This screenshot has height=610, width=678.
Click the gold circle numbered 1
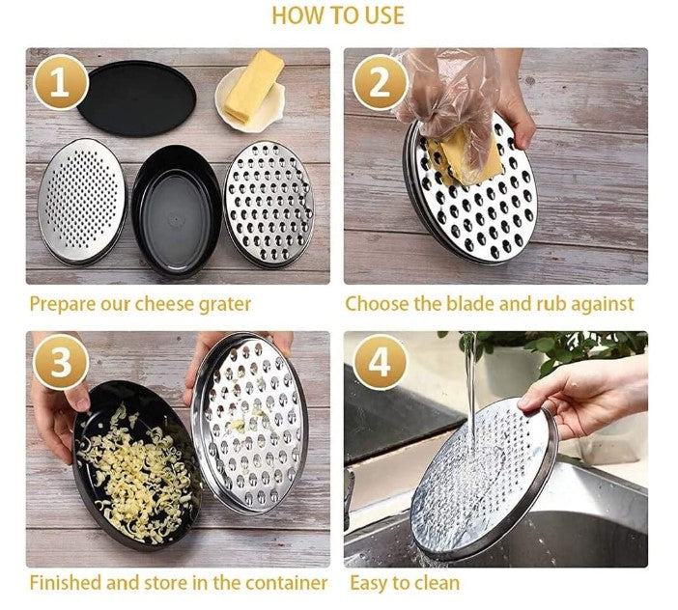point(60,82)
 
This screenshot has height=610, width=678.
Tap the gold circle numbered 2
point(380,82)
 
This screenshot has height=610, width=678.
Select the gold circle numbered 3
point(60,362)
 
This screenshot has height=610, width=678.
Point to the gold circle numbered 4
point(380,362)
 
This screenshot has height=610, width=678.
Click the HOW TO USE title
point(338,15)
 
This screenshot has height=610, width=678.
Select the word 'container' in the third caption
point(286,583)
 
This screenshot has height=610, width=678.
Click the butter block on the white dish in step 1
point(253,88)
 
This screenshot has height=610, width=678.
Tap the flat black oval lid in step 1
point(135,98)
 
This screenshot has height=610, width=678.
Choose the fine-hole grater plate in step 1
point(82,202)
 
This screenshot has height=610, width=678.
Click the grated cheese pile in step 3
point(136,473)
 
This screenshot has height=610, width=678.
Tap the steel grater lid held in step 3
point(250,424)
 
